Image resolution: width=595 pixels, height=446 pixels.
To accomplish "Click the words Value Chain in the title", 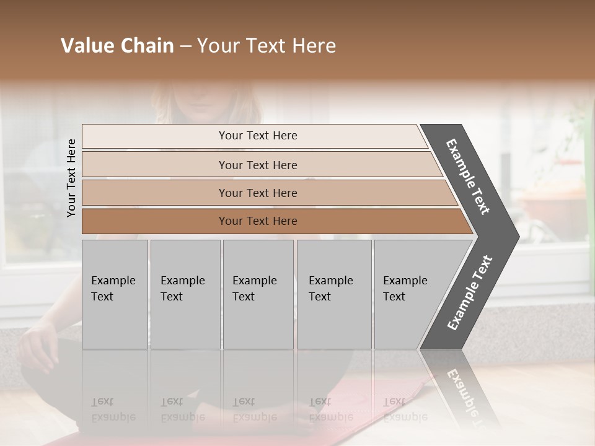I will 117,46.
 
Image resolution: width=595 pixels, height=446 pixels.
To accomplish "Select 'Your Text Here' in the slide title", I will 267,46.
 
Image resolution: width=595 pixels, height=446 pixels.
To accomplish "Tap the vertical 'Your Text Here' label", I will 71,178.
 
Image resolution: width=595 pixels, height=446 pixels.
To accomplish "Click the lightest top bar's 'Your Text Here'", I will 257,136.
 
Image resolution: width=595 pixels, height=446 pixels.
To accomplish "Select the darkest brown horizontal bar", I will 257,221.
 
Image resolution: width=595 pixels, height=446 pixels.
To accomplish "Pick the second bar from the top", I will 257,165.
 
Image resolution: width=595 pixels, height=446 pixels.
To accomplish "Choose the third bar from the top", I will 257,193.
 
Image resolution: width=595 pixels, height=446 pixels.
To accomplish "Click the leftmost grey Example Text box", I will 114,294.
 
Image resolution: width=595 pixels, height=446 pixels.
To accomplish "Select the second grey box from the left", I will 185,294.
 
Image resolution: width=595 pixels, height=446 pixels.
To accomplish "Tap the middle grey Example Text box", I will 257,294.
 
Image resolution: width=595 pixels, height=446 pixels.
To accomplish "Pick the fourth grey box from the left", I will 333,294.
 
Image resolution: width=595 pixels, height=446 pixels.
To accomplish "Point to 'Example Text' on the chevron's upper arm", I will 468,177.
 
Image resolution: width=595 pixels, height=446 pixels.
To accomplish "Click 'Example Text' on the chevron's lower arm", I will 470,293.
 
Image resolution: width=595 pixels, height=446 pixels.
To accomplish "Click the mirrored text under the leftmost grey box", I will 113,409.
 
